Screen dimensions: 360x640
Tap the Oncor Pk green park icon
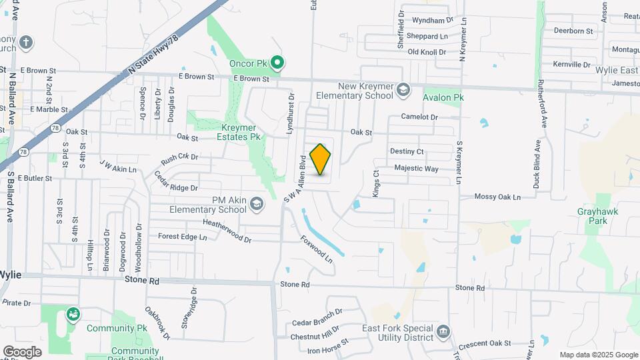click(278, 64)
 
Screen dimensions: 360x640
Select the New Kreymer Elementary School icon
click(403, 89)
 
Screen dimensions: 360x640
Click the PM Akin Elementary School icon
click(257, 205)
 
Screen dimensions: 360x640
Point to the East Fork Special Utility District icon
click(443, 332)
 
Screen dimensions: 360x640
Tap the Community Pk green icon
click(73, 313)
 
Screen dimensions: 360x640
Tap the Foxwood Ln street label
click(316, 247)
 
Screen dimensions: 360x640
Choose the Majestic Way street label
click(416, 169)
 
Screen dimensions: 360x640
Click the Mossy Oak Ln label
click(497, 197)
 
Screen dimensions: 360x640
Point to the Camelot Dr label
click(419, 117)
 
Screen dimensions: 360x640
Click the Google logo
click(22, 352)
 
